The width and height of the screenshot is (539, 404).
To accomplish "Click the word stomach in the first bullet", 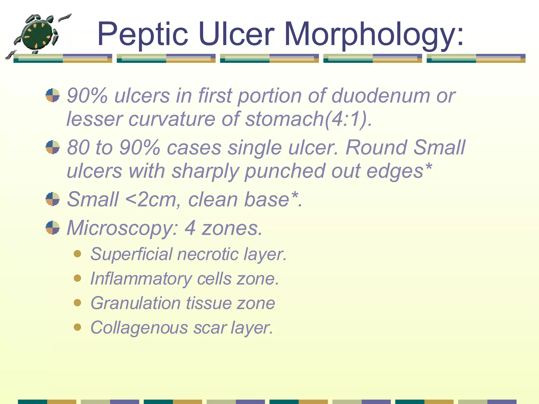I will (x=284, y=119).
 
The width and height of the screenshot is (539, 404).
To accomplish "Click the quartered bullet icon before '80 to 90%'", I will (x=53, y=147).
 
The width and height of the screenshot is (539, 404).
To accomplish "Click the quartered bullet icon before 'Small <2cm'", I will (x=53, y=199).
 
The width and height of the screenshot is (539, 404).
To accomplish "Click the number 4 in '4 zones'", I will (x=190, y=228).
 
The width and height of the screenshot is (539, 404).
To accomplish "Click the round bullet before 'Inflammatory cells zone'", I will (x=77, y=278).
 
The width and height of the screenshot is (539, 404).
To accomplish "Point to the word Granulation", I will (x=136, y=303).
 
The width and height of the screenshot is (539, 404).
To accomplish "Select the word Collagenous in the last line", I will (x=139, y=328).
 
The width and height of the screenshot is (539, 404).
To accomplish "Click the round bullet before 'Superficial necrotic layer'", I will (x=77, y=254).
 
